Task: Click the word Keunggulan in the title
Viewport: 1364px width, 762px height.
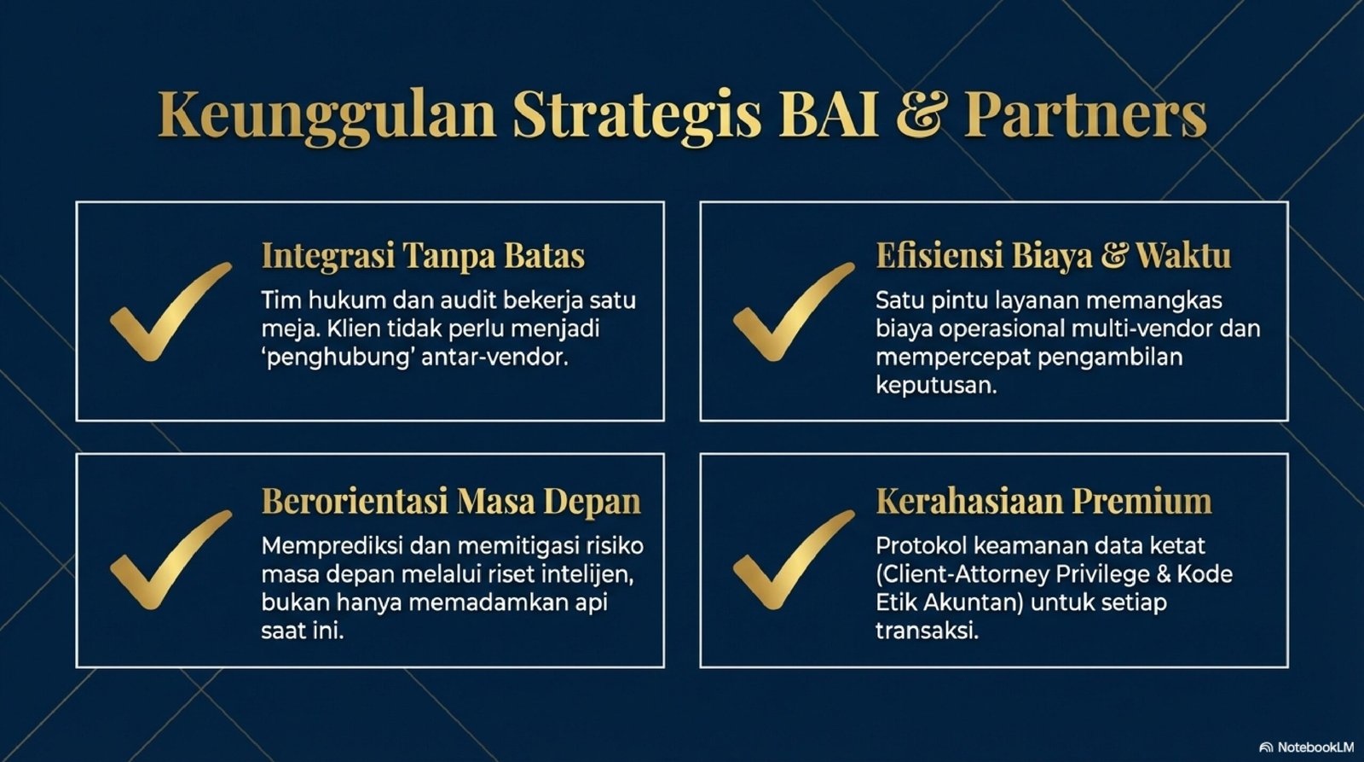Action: coord(327,115)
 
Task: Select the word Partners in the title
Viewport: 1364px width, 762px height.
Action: coord(1085,114)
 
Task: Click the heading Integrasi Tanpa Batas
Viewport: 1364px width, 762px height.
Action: coord(423,257)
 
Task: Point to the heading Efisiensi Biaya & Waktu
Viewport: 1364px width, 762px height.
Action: coord(1053,256)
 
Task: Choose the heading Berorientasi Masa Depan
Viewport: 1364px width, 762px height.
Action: coord(451,502)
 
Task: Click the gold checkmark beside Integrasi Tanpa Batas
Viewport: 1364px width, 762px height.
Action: coord(170,312)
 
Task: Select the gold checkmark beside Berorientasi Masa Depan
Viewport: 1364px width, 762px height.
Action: coord(170,560)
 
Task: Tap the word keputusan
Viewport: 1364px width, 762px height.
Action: coord(936,387)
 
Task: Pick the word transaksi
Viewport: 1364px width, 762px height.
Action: coord(927,631)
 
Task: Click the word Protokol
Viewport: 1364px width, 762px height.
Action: coord(922,545)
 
